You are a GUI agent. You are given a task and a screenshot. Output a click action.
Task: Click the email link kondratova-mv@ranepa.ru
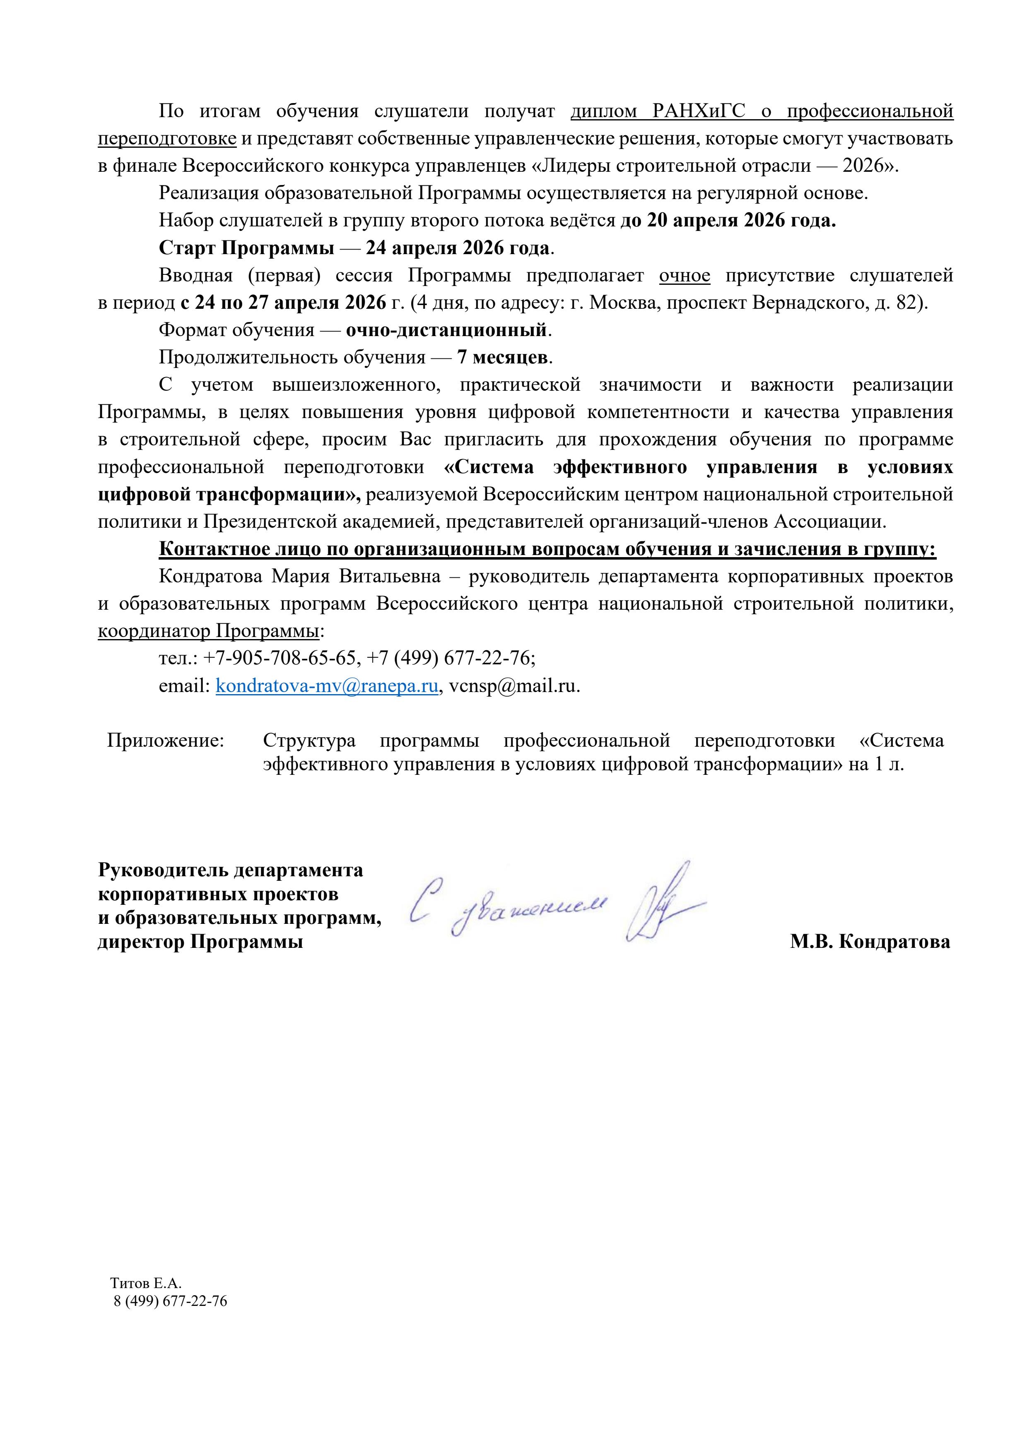pos(327,686)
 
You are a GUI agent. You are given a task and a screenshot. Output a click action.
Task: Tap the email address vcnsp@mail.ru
pos(514,686)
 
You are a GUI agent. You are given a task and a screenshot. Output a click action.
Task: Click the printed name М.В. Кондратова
pos(870,942)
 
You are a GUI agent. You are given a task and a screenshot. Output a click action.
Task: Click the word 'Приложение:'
pos(166,740)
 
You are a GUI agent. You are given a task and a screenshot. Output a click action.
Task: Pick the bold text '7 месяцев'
pos(502,357)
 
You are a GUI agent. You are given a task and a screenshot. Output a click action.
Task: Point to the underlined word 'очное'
pos(684,276)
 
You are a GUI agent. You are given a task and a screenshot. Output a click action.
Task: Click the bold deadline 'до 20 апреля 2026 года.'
pos(728,221)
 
